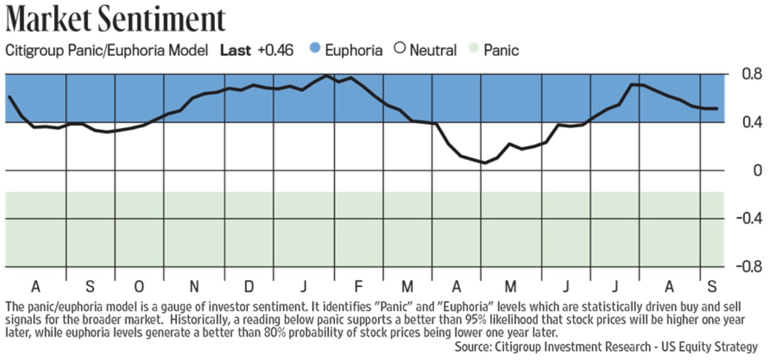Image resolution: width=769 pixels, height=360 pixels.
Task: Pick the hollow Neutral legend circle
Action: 400,49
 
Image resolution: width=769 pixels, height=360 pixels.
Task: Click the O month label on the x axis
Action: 139,287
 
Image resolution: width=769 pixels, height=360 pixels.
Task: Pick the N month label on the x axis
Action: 194,287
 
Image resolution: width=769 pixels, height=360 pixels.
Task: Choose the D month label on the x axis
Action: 249,287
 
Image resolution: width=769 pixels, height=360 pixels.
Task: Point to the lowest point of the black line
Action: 484,163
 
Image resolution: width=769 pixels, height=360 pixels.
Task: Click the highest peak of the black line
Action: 326,76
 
